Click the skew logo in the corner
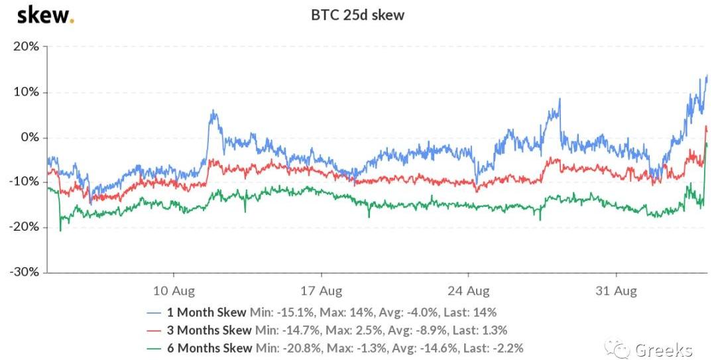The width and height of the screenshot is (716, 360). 44,15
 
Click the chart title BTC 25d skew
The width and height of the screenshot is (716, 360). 358,15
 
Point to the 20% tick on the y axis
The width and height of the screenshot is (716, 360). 25,47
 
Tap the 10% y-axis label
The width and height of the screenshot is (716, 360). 25,92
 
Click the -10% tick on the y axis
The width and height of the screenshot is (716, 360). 24,182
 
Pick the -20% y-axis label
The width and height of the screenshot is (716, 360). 24,227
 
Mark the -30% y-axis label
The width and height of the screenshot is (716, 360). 24,272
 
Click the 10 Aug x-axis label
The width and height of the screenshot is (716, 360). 174,291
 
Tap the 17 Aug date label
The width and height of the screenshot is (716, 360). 322,291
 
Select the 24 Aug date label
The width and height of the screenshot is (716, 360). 469,291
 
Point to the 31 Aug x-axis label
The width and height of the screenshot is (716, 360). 617,291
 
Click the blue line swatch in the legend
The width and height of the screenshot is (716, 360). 154,312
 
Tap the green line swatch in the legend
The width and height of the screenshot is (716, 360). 154,347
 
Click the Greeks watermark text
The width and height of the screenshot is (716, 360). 663,349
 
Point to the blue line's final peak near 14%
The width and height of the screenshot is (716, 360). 706,76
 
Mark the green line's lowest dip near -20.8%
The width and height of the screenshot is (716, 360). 60,230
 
